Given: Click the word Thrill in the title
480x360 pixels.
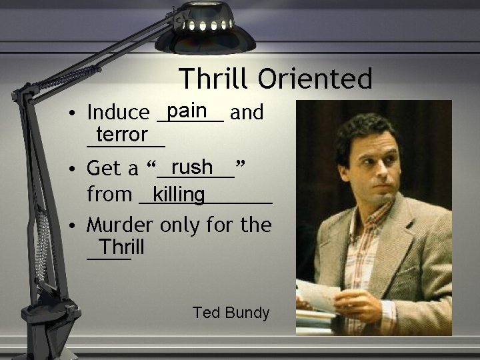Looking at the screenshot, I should pyautogui.click(x=214, y=79).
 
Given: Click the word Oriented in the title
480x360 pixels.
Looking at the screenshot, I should pyautogui.click(x=315, y=79).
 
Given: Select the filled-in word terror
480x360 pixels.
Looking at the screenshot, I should pyautogui.click(x=121, y=135).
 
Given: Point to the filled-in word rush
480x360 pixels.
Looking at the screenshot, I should pyautogui.click(x=191, y=165).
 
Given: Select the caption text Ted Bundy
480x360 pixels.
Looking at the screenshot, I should pyautogui.click(x=231, y=312).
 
